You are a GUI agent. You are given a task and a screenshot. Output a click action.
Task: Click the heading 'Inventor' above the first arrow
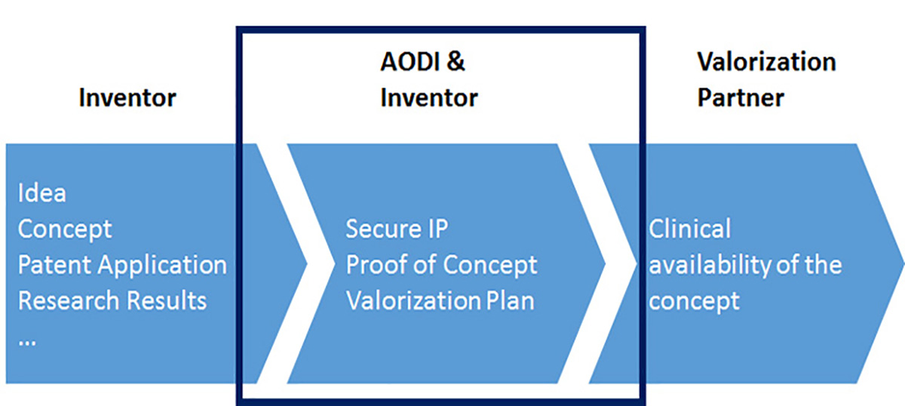[127, 97]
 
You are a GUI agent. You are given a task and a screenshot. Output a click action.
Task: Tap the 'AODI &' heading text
[422, 61]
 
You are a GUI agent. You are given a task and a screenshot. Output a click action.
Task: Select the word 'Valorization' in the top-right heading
[766, 61]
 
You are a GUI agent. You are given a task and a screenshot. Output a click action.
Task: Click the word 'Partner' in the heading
[741, 97]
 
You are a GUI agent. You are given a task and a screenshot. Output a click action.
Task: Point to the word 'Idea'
[41, 193]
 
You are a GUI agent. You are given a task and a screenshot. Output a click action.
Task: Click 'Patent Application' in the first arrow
[122, 265]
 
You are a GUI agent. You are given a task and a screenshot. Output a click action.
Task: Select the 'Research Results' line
[112, 300]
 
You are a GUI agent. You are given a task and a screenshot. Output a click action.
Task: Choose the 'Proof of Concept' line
[442, 265]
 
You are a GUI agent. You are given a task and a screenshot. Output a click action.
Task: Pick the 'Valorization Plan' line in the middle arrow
[440, 300]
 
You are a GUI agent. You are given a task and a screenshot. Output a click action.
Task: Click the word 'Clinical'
[690, 228]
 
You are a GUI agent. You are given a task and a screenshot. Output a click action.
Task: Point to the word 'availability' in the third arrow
[701, 265]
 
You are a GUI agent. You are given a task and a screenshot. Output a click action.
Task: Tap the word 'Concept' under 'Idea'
[65, 229]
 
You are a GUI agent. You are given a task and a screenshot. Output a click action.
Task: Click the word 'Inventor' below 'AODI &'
[429, 97]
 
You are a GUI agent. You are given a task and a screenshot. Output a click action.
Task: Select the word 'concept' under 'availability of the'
[694, 300]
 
